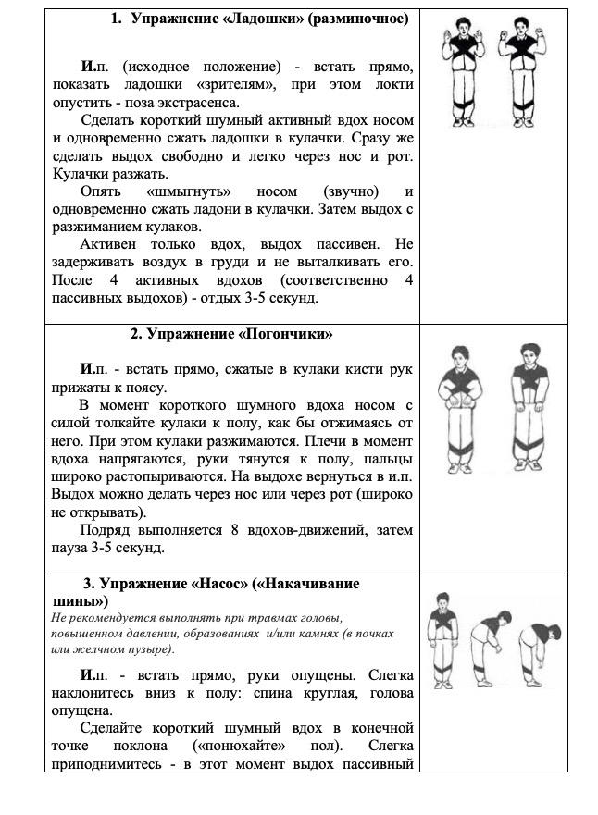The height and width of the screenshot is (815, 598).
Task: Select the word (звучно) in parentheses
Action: [351, 191]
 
